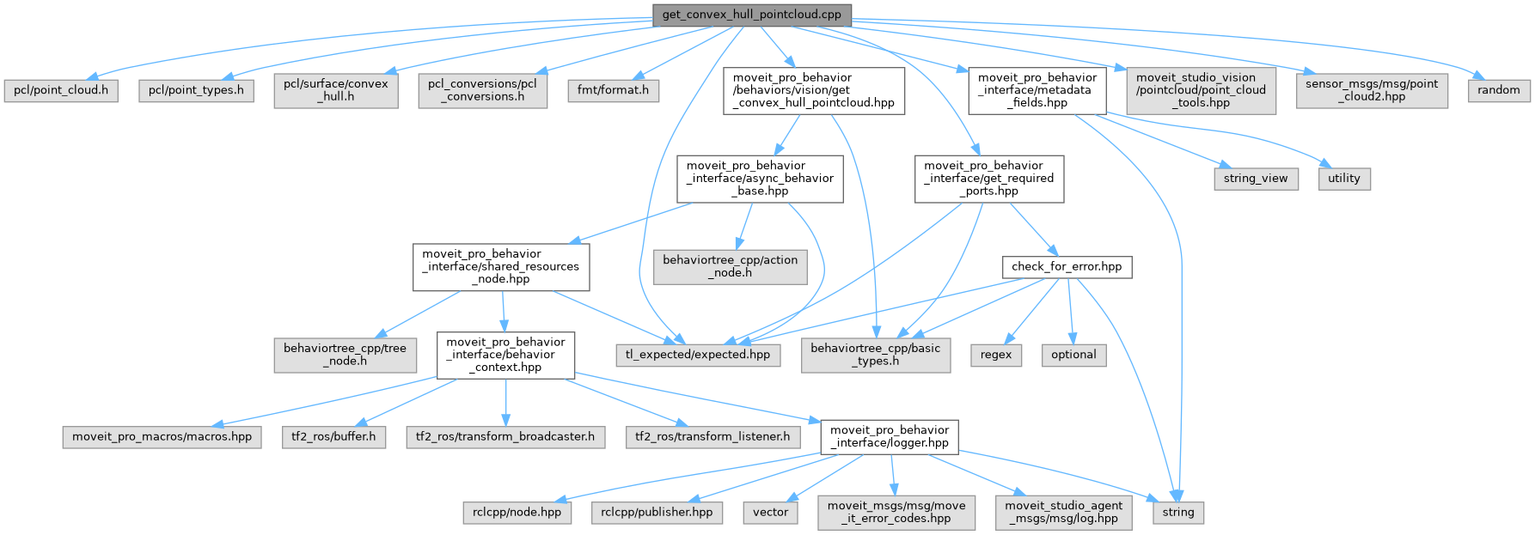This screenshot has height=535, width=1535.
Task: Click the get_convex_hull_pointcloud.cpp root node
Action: [752, 15]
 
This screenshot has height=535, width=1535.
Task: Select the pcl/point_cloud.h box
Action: [61, 90]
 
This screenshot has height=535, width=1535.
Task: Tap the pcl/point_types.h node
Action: [196, 90]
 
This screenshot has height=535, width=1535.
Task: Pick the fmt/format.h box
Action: [614, 90]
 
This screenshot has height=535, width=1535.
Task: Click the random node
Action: [1499, 90]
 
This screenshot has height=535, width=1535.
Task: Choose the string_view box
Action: [1256, 179]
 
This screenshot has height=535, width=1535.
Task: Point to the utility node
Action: [1344, 179]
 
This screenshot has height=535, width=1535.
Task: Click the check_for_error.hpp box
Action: [1067, 266]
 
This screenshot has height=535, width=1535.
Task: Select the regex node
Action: [996, 355]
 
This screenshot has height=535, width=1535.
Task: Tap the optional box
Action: [1073, 355]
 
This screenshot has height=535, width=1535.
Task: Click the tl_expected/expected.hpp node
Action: [698, 355]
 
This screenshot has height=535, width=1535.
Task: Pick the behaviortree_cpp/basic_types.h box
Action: [876, 355]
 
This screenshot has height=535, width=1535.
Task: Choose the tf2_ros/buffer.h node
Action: [333, 436]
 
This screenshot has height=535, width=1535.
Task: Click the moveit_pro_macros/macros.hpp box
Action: [162, 436]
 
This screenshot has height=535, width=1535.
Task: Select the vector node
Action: [770, 512]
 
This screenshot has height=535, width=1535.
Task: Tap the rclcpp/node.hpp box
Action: [517, 512]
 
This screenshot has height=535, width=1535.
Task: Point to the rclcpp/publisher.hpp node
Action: [657, 512]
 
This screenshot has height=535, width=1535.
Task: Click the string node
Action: [1178, 512]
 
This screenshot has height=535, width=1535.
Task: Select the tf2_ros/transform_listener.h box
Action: [712, 436]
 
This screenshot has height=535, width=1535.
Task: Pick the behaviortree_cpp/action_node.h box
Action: [731, 266]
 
